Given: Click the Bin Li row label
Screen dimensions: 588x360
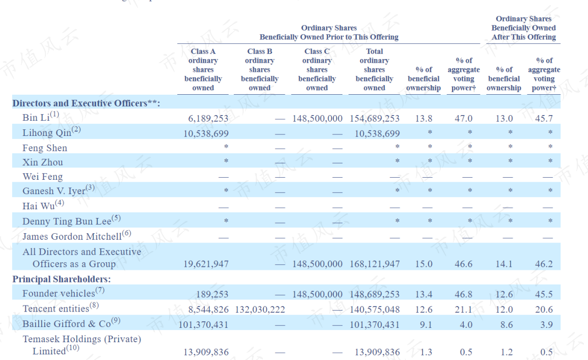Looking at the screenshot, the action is click(40, 117).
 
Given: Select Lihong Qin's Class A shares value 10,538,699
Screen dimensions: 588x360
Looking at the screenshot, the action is click(206, 133).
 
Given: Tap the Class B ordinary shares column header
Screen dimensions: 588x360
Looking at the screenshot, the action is click(259, 69).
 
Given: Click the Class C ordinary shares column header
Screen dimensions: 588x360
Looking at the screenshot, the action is click(317, 69).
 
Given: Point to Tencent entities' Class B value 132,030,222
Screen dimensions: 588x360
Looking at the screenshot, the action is click(260, 310).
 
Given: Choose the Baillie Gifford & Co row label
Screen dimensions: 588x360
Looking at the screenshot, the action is click(71, 323).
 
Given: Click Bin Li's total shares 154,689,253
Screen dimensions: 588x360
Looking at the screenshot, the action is click(375, 118).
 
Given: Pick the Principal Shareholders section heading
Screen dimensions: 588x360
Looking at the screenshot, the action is click(62, 279).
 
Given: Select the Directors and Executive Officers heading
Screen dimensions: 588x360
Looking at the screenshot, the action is click(86, 103).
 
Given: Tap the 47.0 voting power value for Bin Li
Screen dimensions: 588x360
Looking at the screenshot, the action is click(464, 118).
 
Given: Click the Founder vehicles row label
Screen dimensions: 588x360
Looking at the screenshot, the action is click(63, 293).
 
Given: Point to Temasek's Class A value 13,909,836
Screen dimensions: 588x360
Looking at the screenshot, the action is click(206, 352).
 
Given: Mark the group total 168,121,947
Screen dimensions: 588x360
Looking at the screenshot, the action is click(375, 264).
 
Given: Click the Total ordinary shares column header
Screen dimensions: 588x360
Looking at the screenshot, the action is click(374, 69).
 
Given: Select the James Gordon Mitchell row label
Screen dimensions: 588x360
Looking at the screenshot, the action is click(77, 236).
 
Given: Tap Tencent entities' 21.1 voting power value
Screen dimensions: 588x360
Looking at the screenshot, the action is click(464, 310).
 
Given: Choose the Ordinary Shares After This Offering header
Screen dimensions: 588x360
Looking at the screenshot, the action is click(523, 27).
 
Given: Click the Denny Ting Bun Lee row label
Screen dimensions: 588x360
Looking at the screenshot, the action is click(72, 220).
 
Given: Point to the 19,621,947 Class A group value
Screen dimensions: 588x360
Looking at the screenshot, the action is click(206, 264).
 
